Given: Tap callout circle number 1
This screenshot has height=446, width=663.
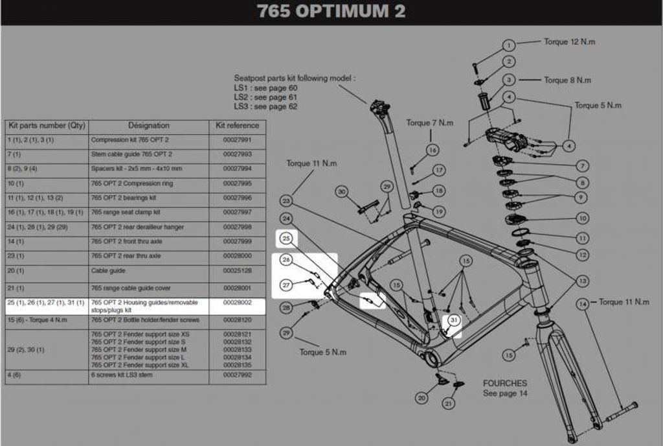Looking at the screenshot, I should click(x=509, y=45).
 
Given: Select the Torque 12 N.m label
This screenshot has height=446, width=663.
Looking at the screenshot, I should click(x=569, y=42).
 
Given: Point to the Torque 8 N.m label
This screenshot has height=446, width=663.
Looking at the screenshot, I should click(x=567, y=80).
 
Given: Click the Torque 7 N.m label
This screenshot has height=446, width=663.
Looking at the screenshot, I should click(x=430, y=123).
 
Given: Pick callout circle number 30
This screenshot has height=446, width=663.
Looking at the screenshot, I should click(x=342, y=191).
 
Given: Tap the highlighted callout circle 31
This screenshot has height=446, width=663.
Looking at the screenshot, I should click(x=453, y=320).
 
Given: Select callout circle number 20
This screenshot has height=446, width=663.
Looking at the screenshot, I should click(x=421, y=398).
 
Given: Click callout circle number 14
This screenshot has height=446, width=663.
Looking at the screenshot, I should click(x=583, y=303).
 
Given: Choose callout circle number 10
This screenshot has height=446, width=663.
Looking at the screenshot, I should click(x=583, y=218).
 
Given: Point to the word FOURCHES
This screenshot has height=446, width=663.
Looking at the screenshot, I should click(x=505, y=383).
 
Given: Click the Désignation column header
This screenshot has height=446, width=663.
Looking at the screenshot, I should click(x=148, y=126).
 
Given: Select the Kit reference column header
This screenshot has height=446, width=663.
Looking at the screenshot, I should click(x=237, y=126).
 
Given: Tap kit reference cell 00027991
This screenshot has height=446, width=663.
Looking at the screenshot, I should click(x=237, y=140).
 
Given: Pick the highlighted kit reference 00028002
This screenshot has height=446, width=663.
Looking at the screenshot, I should click(x=237, y=303).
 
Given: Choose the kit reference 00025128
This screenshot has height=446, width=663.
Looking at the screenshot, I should click(x=237, y=270).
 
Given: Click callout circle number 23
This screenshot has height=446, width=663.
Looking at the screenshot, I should click(x=286, y=201).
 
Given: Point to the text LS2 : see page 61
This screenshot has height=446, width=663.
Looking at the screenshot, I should click(x=266, y=97).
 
